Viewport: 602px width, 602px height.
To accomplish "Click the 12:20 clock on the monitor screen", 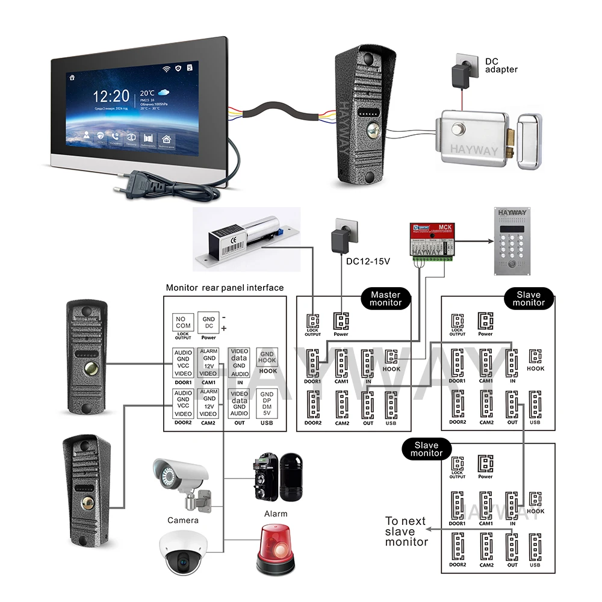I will pyautogui.click(x=111, y=96).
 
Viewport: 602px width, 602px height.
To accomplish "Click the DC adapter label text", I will pyautogui.click(x=501, y=65).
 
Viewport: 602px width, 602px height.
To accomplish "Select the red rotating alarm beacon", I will pyautogui.click(x=275, y=548).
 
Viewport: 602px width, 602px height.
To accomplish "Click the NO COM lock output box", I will pyautogui.click(x=182, y=322).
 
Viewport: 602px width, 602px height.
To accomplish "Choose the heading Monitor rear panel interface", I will pyautogui.click(x=225, y=288).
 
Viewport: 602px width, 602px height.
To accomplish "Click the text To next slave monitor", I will pyautogui.click(x=406, y=531).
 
